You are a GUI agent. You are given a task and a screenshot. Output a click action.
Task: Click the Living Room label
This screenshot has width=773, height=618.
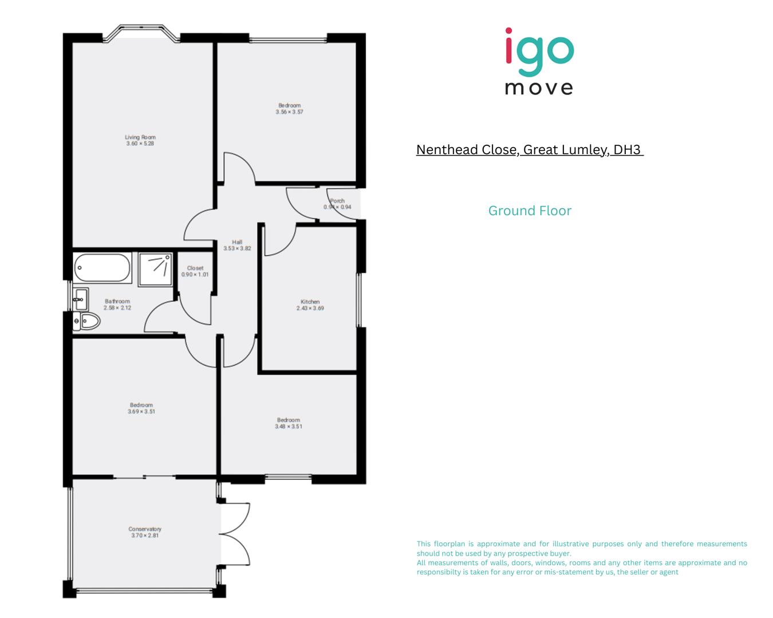click(x=140, y=137)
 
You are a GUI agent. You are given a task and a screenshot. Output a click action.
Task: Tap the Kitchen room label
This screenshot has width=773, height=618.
click(x=310, y=302)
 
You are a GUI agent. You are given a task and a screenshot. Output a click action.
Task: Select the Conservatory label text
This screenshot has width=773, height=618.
click(x=145, y=529)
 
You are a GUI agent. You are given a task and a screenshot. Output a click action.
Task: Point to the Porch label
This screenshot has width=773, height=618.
click(x=338, y=201)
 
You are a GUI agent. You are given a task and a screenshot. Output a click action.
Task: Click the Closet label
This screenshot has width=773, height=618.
click(x=195, y=268)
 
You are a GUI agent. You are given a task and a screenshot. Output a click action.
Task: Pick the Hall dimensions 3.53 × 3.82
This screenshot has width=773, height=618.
click(x=237, y=248)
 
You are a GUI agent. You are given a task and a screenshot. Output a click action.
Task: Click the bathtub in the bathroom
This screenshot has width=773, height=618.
click(x=102, y=268)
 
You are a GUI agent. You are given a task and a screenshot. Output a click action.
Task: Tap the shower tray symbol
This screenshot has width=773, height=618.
click(x=155, y=269)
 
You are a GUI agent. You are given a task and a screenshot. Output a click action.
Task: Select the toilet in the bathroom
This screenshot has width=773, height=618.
click(x=87, y=321)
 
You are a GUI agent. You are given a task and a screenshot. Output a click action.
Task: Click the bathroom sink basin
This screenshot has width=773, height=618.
click(x=81, y=299)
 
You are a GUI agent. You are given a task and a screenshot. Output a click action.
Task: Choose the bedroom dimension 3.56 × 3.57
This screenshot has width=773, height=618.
click(x=289, y=112)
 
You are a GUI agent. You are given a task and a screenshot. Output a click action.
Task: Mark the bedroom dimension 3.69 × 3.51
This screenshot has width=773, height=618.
click(x=141, y=411)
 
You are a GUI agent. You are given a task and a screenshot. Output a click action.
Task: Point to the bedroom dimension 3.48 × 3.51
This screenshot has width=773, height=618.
click(x=289, y=426)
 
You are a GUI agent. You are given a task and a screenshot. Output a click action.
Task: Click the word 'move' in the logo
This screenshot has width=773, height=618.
click(x=539, y=88)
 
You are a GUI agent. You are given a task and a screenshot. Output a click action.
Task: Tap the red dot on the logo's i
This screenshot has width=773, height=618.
click(x=509, y=32)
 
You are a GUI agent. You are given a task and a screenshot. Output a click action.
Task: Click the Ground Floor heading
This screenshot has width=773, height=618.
click(x=530, y=211)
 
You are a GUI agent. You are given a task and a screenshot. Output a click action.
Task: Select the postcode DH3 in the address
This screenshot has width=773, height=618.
click(x=627, y=150)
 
